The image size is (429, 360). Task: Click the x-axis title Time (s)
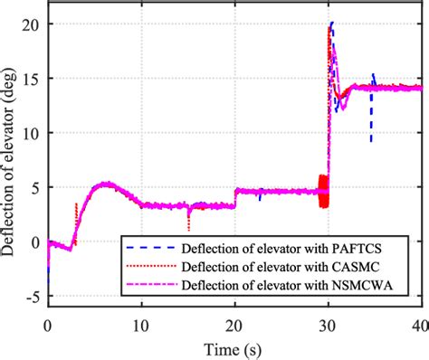click(234, 348)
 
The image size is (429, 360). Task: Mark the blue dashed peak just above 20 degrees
click(332, 23)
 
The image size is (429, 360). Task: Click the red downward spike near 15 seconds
click(188, 228)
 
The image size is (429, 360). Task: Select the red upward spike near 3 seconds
click(76, 205)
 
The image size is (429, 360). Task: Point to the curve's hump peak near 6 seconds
click(106, 184)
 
